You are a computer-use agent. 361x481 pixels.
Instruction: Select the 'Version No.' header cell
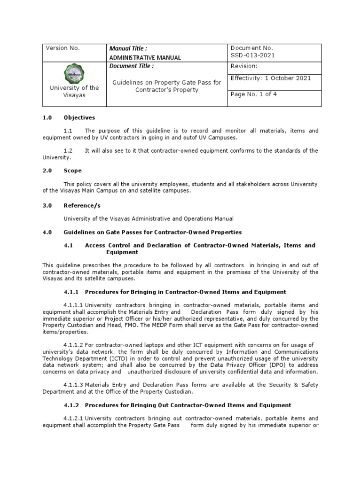(x=62, y=48)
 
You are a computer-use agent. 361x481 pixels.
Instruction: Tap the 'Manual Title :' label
(x=128, y=48)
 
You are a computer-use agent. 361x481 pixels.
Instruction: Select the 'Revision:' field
(x=243, y=66)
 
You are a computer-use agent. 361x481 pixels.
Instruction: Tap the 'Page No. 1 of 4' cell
(x=253, y=94)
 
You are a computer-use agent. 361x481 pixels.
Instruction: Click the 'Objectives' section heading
(x=79, y=117)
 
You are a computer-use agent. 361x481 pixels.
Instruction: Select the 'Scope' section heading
(x=72, y=171)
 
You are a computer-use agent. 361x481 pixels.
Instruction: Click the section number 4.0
(x=47, y=232)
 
